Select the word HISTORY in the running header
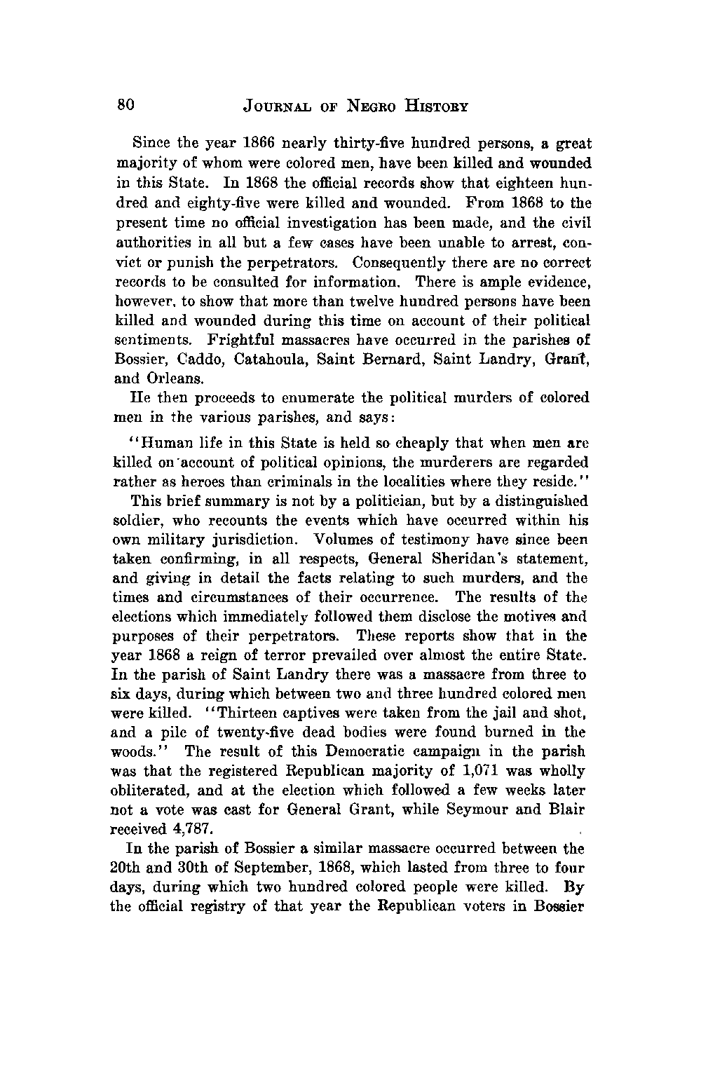(x=429, y=107)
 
